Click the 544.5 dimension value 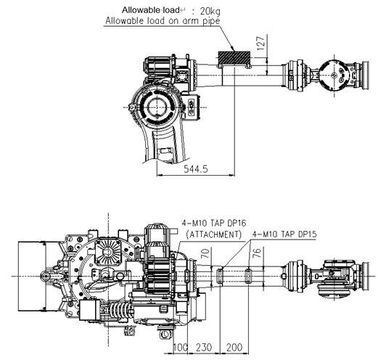click(x=196, y=169)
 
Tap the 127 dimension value click(x=261, y=44)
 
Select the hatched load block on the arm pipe click(x=234, y=57)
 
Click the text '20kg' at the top click(x=210, y=11)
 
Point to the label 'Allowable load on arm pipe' click(x=163, y=21)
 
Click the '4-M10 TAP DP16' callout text click(x=214, y=223)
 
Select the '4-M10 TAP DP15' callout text click(x=284, y=234)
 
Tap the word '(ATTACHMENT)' click(x=214, y=234)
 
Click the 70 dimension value click(x=205, y=253)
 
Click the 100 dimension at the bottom click(x=181, y=348)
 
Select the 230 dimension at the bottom click(x=204, y=348)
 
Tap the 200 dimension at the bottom click(x=234, y=348)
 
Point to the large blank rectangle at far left click(x=32, y=276)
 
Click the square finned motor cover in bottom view click(x=108, y=252)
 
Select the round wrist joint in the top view click(x=333, y=75)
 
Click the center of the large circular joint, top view click(x=157, y=107)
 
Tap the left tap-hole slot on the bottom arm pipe click(x=219, y=276)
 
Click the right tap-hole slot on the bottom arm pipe click(x=249, y=276)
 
